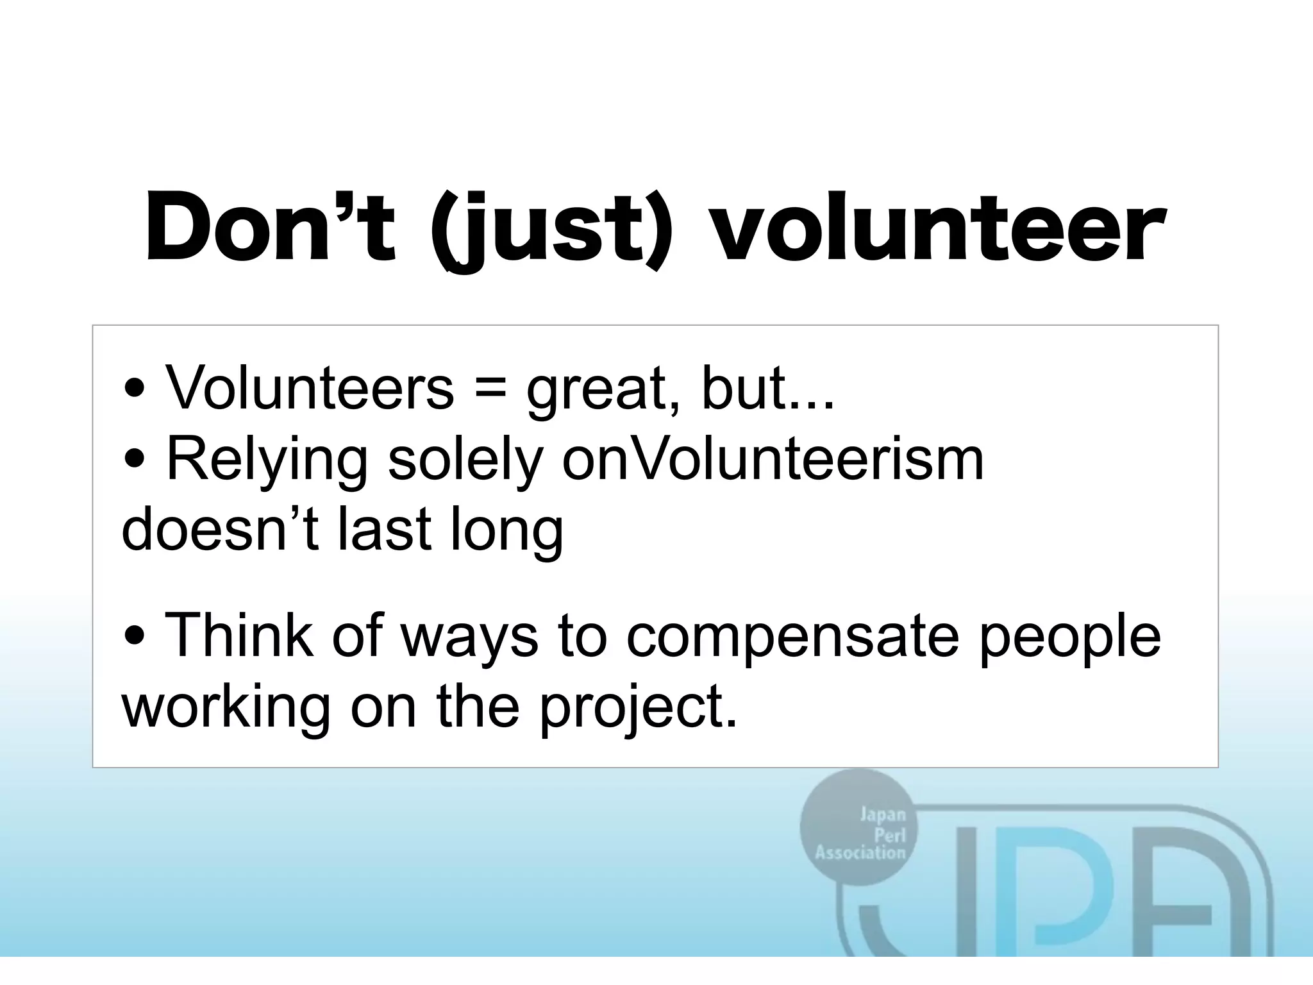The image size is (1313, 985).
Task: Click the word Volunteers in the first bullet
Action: tap(310, 387)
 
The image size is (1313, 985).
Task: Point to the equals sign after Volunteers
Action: tap(490, 389)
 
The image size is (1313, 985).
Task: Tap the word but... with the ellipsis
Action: tap(768, 387)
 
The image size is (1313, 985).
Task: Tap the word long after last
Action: tap(506, 532)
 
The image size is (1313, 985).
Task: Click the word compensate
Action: tap(792, 638)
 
